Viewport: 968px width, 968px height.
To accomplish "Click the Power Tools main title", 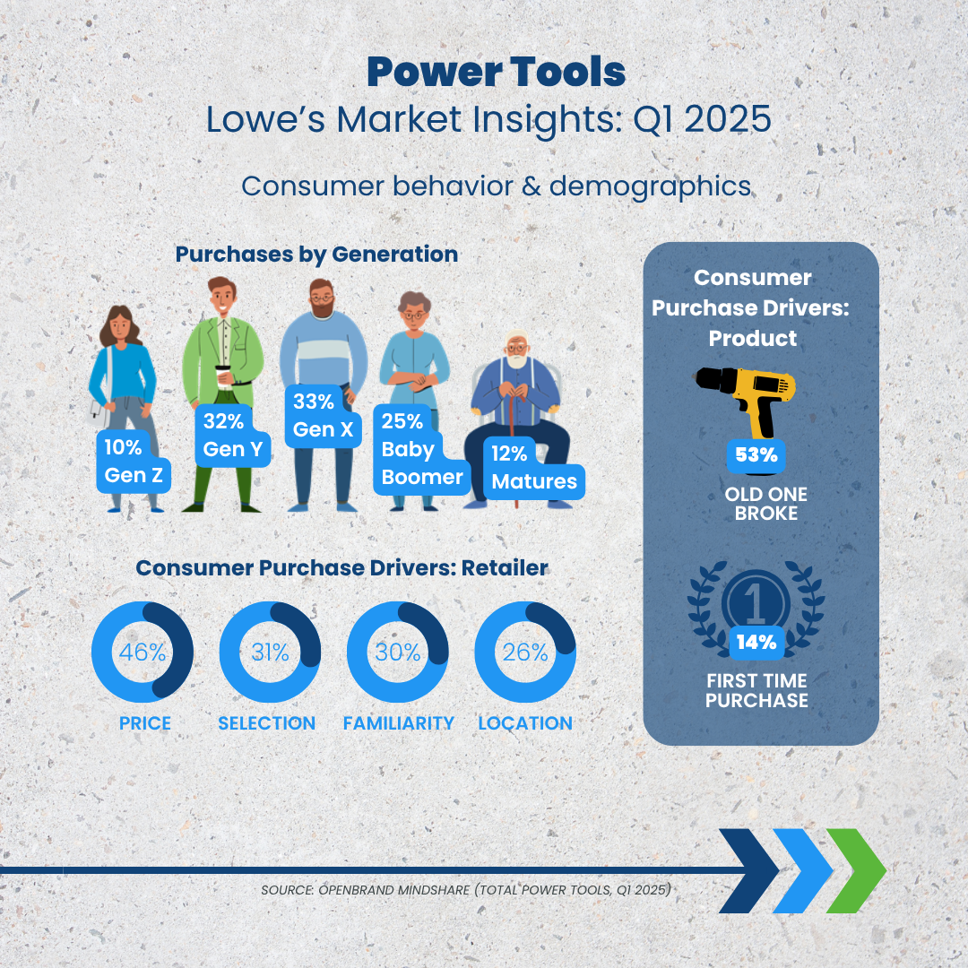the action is click(x=497, y=73).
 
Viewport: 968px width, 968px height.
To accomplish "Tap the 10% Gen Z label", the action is click(x=134, y=462).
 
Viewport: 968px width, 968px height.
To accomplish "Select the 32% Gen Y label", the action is click(x=233, y=436).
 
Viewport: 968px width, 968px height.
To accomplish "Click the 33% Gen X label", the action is click(x=323, y=416).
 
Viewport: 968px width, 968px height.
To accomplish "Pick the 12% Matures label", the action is click(x=534, y=468).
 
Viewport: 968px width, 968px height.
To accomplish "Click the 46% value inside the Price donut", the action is click(x=143, y=652).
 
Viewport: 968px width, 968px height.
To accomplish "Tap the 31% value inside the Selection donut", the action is click(x=270, y=652).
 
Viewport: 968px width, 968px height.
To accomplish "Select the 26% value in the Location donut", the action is click(x=525, y=652).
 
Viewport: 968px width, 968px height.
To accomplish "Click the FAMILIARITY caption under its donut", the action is click(x=398, y=723).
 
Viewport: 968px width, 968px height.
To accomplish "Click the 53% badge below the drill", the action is click(x=756, y=455).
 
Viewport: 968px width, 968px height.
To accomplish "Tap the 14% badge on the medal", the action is click(x=756, y=643).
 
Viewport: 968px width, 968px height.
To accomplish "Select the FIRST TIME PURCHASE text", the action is click(x=756, y=690).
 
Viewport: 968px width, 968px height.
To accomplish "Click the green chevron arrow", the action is click(x=856, y=870).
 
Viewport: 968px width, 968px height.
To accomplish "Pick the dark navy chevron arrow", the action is click(x=748, y=870).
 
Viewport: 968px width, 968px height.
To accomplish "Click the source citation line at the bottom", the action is click(x=466, y=890).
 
